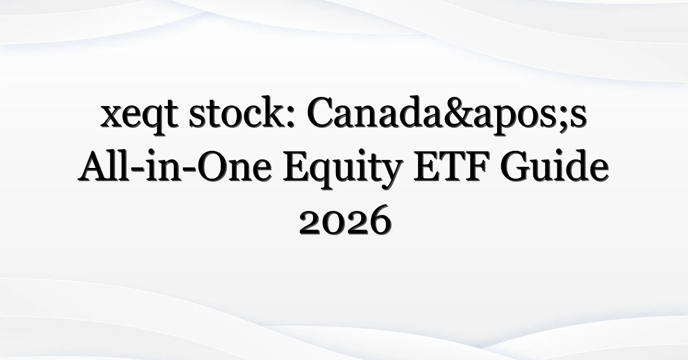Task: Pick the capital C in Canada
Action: pyautogui.click(x=322, y=112)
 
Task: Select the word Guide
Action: pyautogui.click(x=554, y=166)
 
